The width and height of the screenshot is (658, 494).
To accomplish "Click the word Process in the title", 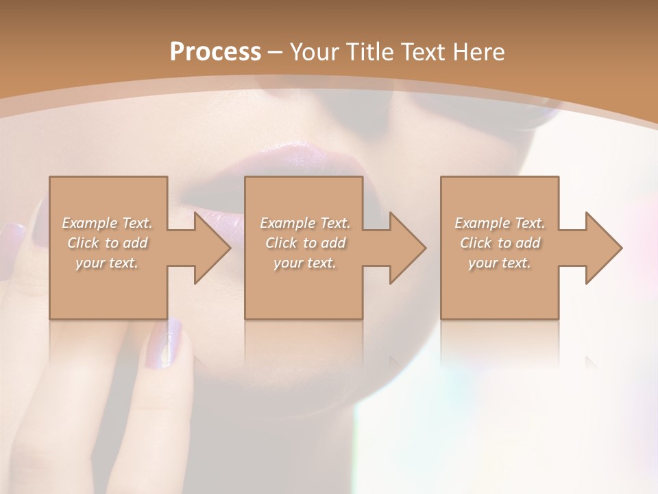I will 215,52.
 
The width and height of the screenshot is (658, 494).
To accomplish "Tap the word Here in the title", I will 478,52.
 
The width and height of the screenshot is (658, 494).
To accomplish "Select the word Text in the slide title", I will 424,52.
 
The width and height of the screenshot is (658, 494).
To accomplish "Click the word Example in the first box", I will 89,223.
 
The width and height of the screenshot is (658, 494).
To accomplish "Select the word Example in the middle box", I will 287,223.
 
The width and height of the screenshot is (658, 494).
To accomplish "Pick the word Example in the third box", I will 482,223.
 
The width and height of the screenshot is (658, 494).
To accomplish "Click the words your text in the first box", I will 107,263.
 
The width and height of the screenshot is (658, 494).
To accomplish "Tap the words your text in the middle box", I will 304,263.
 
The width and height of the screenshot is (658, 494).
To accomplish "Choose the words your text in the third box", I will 499,263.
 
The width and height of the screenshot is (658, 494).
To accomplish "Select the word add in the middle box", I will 333,243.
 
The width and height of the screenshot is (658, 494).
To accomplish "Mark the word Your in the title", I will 313,52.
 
